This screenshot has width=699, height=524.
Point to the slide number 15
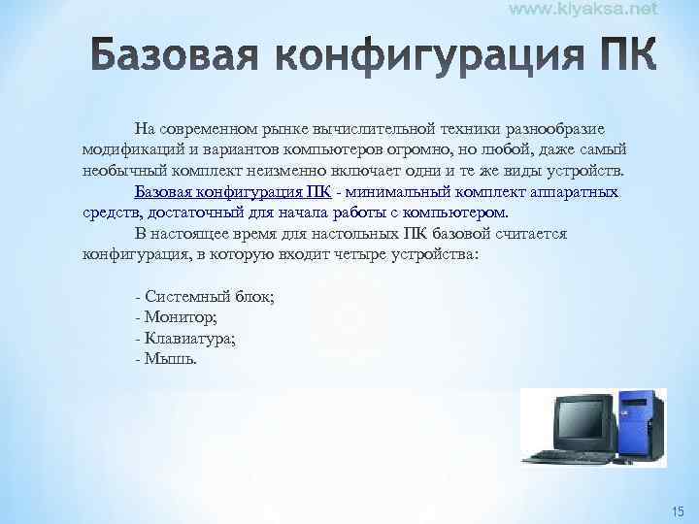click(678, 510)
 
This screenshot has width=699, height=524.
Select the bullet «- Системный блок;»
click(205, 297)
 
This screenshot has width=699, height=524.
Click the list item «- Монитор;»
click(176, 317)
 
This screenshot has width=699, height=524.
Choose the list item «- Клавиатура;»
click(186, 338)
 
